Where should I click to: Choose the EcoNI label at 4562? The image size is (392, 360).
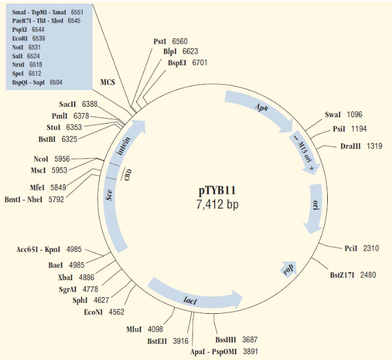pos(95,312)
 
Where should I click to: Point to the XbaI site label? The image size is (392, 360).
pos(67,277)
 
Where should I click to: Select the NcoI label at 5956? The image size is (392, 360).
pos(44,159)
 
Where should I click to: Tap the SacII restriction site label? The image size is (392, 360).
pos(69,104)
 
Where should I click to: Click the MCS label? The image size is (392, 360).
pos(108,83)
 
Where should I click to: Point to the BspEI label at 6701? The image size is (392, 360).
pos(179,62)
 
